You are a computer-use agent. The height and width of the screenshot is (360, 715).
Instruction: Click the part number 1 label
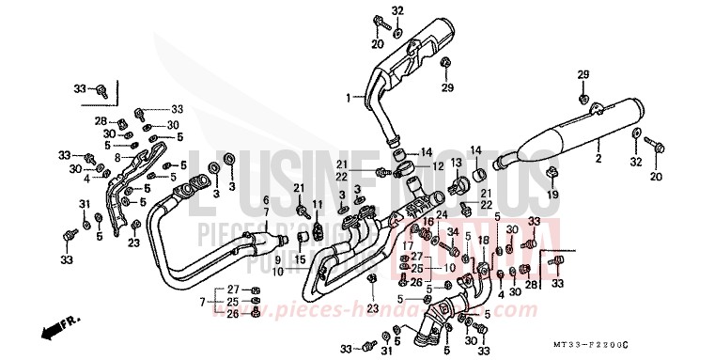pyautogui.click(x=347, y=97)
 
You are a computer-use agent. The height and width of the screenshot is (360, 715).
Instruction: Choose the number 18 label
pyautogui.click(x=482, y=241)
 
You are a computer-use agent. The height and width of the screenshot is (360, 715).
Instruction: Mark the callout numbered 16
pyautogui.click(x=428, y=222)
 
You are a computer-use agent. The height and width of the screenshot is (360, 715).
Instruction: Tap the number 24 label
pyautogui.click(x=442, y=215)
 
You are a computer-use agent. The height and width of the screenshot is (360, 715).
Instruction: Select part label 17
pyautogui.click(x=406, y=245)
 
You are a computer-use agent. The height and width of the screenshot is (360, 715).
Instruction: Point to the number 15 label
pyautogui.click(x=302, y=259)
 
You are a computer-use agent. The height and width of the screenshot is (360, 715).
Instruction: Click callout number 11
pyautogui.click(x=318, y=204)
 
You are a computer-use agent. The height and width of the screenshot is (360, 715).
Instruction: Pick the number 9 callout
pyautogui.click(x=278, y=258)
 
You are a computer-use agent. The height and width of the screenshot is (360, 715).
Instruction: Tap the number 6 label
pyautogui.click(x=266, y=200)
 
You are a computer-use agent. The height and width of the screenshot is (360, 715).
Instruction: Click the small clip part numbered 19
pyautogui.click(x=552, y=173)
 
